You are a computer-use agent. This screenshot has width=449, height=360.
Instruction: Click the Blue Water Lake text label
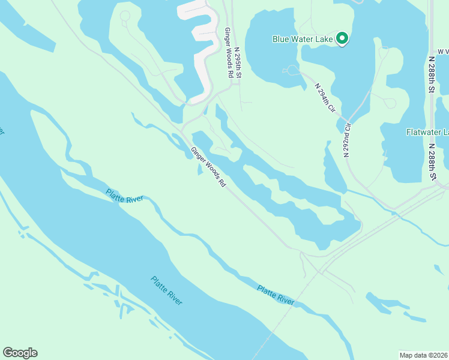[303, 39]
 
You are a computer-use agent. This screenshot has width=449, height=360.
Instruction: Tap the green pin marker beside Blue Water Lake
[342, 38]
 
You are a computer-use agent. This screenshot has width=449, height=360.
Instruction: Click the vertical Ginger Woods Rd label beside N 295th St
[229, 52]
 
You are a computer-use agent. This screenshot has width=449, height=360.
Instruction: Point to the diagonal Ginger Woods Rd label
[208, 167]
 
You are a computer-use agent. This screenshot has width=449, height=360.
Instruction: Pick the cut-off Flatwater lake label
[427, 132]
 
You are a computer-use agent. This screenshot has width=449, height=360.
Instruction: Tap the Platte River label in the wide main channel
[166, 290]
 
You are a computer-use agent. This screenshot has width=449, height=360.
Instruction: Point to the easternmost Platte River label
[276, 295]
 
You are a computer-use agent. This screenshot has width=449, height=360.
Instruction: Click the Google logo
[20, 353]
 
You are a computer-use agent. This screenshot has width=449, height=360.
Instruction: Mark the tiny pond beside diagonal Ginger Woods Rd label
[199, 170]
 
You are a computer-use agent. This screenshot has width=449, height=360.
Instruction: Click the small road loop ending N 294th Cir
[292, 70]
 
